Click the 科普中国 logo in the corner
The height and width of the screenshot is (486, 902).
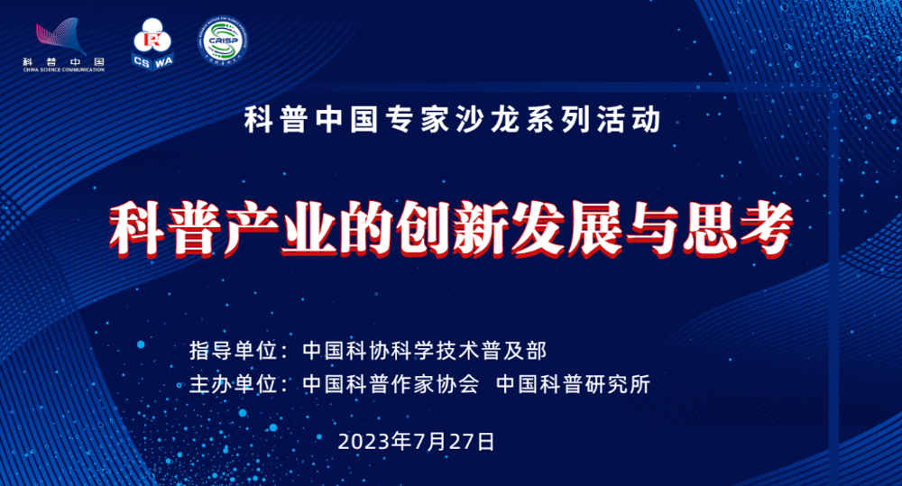coord(64,45)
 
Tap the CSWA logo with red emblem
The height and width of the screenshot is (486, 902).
coord(152,44)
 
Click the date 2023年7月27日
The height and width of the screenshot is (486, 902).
coord(416,442)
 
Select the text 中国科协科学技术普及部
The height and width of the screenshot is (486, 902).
coord(425,350)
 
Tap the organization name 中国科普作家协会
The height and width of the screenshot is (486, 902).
coord(391,384)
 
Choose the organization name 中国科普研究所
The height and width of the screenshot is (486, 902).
coord(573,384)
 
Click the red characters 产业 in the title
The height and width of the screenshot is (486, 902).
coord(281,228)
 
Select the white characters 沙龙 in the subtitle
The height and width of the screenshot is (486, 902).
coord(488,120)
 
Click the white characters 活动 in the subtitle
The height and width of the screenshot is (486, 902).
coord(629,120)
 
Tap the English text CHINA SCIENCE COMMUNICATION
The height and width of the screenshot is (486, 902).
coord(64,69)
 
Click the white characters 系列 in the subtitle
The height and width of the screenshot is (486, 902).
coord(558,120)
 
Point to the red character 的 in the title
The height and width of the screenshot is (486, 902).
coord(367,228)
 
